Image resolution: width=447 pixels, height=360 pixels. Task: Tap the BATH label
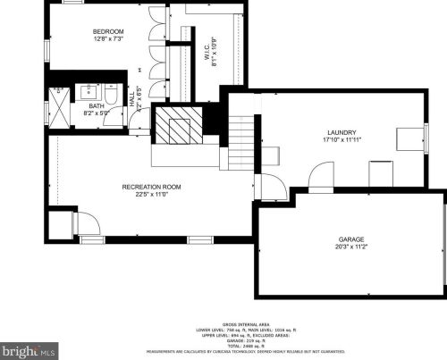tap(95, 105)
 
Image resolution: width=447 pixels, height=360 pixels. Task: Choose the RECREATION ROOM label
tap(152, 187)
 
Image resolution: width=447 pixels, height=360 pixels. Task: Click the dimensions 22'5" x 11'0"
tap(152, 195)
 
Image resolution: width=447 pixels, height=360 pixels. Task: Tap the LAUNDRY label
tap(342, 131)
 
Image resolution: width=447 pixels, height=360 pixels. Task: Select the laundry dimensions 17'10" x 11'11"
tap(342, 139)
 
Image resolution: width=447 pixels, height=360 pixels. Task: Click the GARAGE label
tap(350, 239)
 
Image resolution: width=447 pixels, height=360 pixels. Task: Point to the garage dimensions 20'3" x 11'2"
tap(350, 247)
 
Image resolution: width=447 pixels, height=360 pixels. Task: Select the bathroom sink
tap(90, 91)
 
